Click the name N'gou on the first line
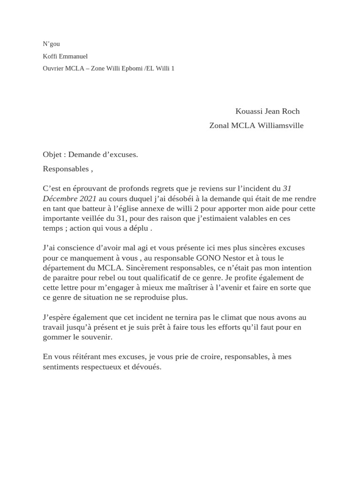pos(51,44)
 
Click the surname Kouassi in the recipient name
pos(249,112)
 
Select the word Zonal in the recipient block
pos(219,126)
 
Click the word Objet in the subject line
pos(52,155)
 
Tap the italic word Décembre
pos(60,199)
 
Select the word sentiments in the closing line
pos(60,367)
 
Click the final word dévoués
pos(146,367)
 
